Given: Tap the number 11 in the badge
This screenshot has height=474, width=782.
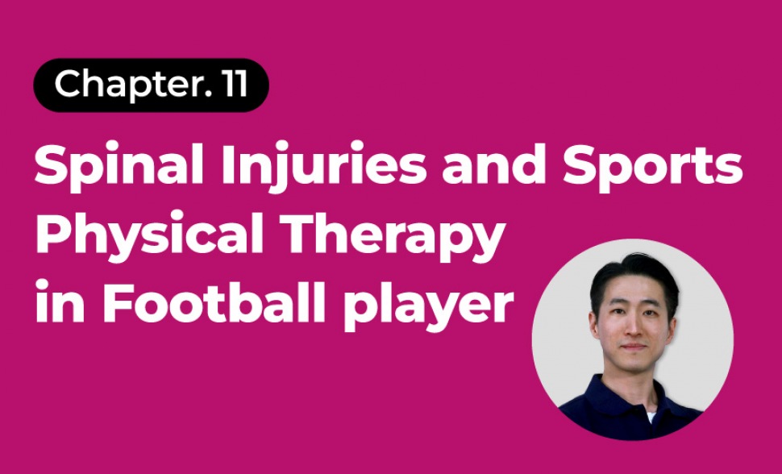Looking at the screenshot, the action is point(235,83).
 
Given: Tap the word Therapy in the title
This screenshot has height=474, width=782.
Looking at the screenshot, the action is point(393,235).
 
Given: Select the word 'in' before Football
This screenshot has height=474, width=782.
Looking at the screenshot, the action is point(60,301).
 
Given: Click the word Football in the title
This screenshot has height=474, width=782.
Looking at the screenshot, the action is point(214,301).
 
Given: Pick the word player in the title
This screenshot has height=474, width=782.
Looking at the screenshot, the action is point(429,305).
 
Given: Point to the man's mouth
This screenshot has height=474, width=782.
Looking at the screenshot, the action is point(634,347).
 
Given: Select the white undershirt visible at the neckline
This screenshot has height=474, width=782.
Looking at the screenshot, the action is point(651,417).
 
